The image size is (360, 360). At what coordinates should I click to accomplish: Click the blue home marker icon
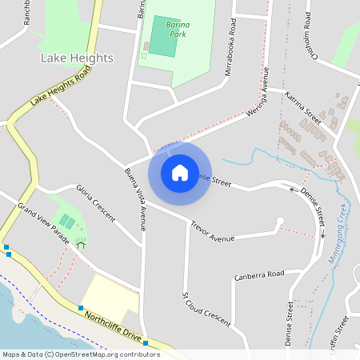click(179, 172)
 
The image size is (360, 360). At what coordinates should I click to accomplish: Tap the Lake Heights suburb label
click(77, 58)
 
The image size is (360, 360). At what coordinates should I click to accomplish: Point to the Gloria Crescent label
click(95, 203)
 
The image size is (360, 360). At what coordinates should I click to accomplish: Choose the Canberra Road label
click(259, 275)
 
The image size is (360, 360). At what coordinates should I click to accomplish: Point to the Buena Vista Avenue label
click(135, 199)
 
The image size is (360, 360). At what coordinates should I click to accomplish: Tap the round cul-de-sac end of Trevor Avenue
click(279, 221)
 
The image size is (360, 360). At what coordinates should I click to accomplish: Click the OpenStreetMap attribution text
click(80, 354)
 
